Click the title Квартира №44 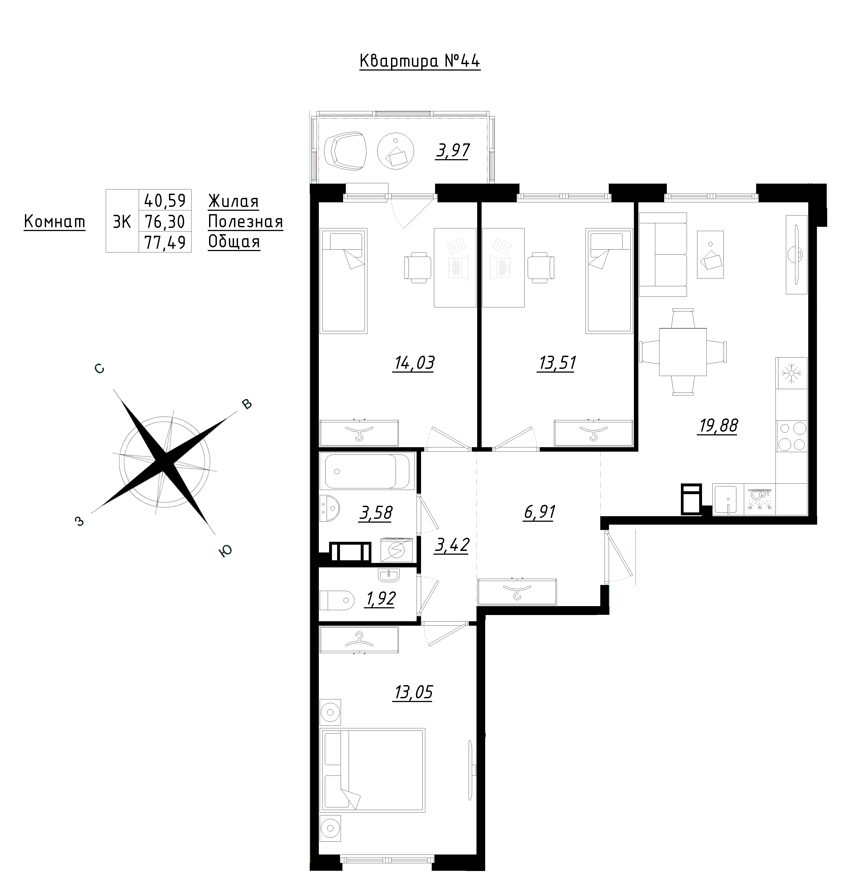click(420, 61)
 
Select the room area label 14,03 click(414, 363)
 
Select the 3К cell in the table click(122, 221)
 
